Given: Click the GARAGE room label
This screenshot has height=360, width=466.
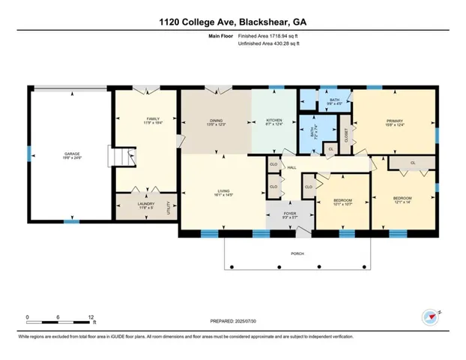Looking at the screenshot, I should [x=71, y=155].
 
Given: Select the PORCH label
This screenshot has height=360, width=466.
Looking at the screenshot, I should [x=297, y=253].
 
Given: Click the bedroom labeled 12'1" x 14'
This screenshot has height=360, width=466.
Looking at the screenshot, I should [x=403, y=199].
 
